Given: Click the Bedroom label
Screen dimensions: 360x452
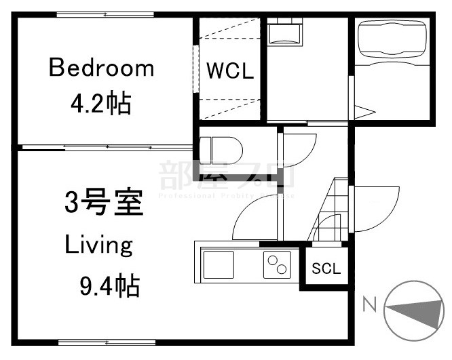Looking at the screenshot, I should coord(101,68).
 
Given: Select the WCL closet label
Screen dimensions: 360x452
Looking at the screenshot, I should coord(230,71).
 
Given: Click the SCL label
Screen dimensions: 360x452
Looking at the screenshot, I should coord(326,268).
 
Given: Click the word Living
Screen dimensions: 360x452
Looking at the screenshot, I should coord(98,245).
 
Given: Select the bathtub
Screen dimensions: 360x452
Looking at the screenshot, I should coord(391,40).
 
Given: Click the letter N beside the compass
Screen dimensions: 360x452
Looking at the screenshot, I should coord(369,304).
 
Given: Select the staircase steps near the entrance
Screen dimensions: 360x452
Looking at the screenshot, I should coord(333,210).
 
